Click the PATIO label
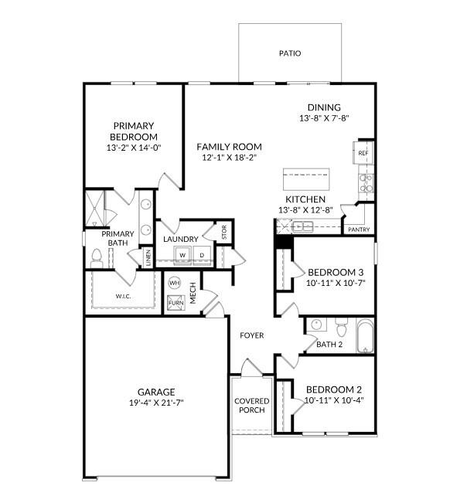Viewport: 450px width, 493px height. (290, 53)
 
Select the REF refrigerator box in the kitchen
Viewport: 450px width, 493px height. (363, 153)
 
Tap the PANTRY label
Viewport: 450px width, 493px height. (359, 229)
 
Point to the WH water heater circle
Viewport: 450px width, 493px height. (174, 283)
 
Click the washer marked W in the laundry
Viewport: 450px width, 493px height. (183, 255)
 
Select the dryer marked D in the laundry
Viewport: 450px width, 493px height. (203, 255)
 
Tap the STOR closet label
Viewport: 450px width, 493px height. (224, 233)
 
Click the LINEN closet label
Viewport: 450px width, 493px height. (148, 257)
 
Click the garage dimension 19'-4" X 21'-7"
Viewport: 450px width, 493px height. (156, 403)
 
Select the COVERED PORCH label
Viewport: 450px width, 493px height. (251, 405)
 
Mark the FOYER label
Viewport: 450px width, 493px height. (251, 335)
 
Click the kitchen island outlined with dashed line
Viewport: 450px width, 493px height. (305, 179)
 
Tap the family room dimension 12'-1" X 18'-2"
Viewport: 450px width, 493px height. (229, 157)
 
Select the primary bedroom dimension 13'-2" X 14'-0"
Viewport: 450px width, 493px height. (134, 147)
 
